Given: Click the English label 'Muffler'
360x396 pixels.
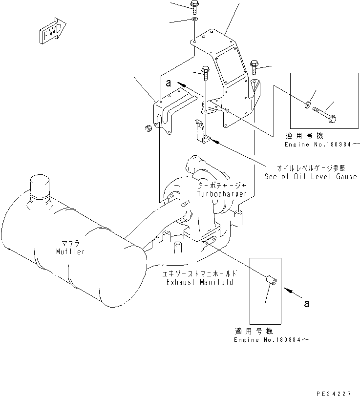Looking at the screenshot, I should tap(70, 251).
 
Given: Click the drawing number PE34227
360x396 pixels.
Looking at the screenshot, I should tap(337, 392).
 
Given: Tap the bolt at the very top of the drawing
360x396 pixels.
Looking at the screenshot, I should tap(194, 6).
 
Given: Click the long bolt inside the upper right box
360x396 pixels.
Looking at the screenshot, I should tap(325, 115).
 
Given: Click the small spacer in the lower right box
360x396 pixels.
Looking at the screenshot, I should tap(272, 281).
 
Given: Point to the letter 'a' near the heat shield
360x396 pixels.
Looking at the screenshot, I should tap(168, 83).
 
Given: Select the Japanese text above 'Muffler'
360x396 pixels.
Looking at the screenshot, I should tap(70, 244).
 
